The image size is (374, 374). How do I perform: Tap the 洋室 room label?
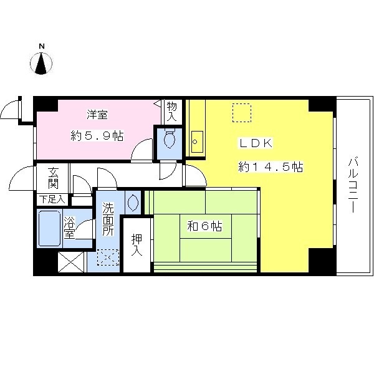tap(97, 115)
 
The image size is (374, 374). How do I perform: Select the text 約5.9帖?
tap(97, 136)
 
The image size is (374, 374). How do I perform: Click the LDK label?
tap(256, 143)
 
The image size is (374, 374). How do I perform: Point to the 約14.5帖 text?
tap(271, 166)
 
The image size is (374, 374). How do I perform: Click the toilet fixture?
tap(170, 138)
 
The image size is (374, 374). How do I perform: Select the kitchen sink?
tap(197, 141)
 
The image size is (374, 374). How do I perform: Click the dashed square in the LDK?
tap(242, 113)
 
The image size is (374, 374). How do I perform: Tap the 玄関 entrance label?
tap(53, 178)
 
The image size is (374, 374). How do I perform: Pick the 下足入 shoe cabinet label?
tap(52, 199)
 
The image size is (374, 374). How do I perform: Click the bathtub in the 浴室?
tap(50, 228)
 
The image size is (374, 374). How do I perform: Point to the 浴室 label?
tap(69, 228)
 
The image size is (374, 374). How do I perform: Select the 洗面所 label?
tap(108, 219)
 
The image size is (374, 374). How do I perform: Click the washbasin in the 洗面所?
tap(133, 203)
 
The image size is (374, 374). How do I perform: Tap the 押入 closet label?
tap(137, 245)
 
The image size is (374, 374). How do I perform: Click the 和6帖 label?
tap(204, 226)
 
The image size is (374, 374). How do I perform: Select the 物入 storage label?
tap(172, 111)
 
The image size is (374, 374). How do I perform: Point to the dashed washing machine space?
tap(108, 257)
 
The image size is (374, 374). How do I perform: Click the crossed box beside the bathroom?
tap(71, 262)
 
